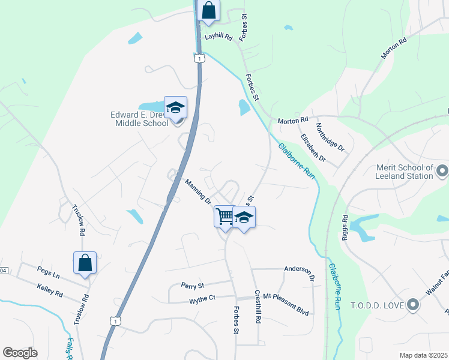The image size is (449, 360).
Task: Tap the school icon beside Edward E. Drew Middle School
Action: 175,107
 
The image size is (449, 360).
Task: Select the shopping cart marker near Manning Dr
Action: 224,216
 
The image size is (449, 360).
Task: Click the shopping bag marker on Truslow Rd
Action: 85,262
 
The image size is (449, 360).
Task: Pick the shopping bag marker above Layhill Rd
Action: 208,10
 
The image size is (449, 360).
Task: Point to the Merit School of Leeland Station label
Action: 404,172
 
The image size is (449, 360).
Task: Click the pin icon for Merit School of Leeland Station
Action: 442,172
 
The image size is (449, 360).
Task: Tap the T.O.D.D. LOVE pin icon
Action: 412,305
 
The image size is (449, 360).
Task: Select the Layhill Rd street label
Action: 218,37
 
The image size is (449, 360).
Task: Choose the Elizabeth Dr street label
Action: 313,148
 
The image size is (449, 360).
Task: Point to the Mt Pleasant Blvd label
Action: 286,313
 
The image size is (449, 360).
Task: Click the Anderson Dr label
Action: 299,273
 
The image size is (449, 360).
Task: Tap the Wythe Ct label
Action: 202,298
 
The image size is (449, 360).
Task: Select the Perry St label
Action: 193,284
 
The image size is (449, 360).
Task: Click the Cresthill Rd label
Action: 258,308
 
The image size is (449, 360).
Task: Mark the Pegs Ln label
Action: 48,275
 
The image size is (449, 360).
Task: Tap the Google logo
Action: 20,353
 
